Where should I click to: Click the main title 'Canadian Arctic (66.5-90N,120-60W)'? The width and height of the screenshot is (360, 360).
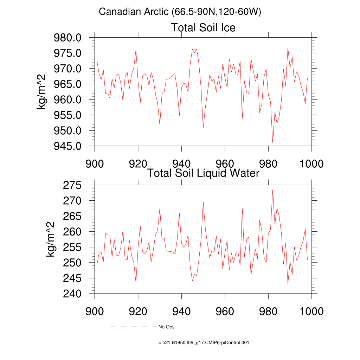click(180, 12)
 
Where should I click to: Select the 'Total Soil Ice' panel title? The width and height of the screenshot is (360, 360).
click(203, 27)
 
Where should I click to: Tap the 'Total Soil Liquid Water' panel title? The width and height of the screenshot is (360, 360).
click(203, 173)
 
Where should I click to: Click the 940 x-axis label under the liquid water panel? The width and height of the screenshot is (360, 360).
click(181, 311)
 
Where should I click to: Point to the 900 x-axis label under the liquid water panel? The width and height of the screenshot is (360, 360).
click(95, 311)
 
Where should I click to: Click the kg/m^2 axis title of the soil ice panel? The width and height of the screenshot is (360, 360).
click(42, 92)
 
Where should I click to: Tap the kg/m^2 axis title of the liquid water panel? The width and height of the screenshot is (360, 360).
click(51, 239)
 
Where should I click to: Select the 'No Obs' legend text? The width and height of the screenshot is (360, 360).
click(166, 327)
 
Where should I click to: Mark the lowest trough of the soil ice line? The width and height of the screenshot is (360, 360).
click(272, 142)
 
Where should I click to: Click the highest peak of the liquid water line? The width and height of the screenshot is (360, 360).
click(272, 190)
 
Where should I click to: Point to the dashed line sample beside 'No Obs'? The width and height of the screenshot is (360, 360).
click(133, 327)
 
